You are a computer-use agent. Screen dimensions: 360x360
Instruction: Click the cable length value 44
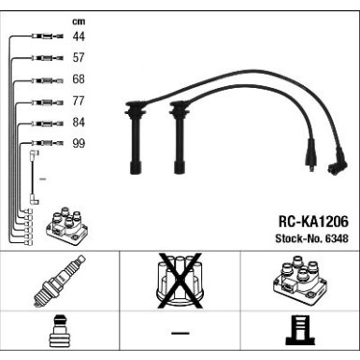[79, 36]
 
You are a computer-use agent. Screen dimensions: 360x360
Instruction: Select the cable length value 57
[79, 58]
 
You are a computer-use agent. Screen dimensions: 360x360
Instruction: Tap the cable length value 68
[79, 79]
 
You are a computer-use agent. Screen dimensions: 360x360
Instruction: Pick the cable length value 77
[79, 101]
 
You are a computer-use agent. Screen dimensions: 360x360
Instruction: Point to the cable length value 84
[79, 122]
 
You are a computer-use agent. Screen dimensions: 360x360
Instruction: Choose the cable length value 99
[79, 144]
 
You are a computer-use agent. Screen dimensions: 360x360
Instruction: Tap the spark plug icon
[60, 281]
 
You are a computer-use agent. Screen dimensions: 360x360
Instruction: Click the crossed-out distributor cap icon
[180, 281]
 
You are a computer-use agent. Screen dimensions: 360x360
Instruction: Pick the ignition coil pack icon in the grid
[299, 281]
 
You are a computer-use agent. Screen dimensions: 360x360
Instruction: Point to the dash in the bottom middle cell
[180, 335]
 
